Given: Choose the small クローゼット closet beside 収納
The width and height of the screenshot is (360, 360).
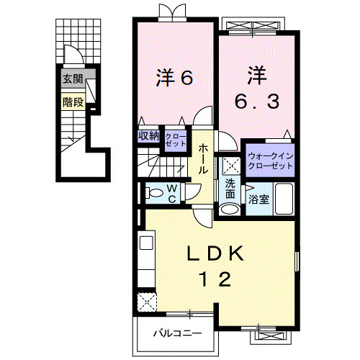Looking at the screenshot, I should (175, 138).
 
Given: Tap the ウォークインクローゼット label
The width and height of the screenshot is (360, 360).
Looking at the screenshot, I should (271, 161).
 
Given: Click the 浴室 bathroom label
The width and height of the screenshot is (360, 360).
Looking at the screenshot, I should (258, 199).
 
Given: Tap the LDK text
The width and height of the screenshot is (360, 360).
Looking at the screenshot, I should (218, 254).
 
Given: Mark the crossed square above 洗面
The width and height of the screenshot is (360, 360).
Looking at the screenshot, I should (230, 165).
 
